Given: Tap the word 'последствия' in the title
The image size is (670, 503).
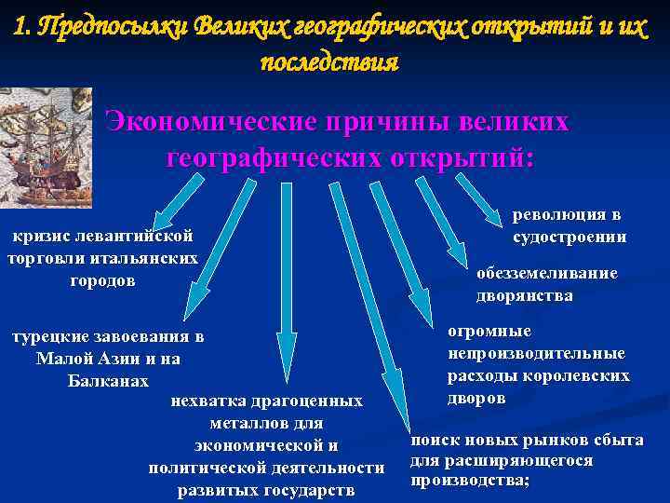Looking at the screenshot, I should coord(330,63).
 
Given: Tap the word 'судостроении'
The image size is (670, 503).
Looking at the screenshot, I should coord(569,237).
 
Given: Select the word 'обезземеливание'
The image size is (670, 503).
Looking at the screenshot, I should coord(546,274).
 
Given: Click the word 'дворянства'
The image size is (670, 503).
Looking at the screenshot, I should coord(524,296).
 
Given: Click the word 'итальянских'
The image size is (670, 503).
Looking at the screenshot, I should coord(151,257).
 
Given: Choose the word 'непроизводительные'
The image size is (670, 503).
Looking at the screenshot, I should coord(536,354).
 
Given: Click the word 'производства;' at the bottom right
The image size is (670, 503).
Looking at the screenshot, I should coord(470,481).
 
